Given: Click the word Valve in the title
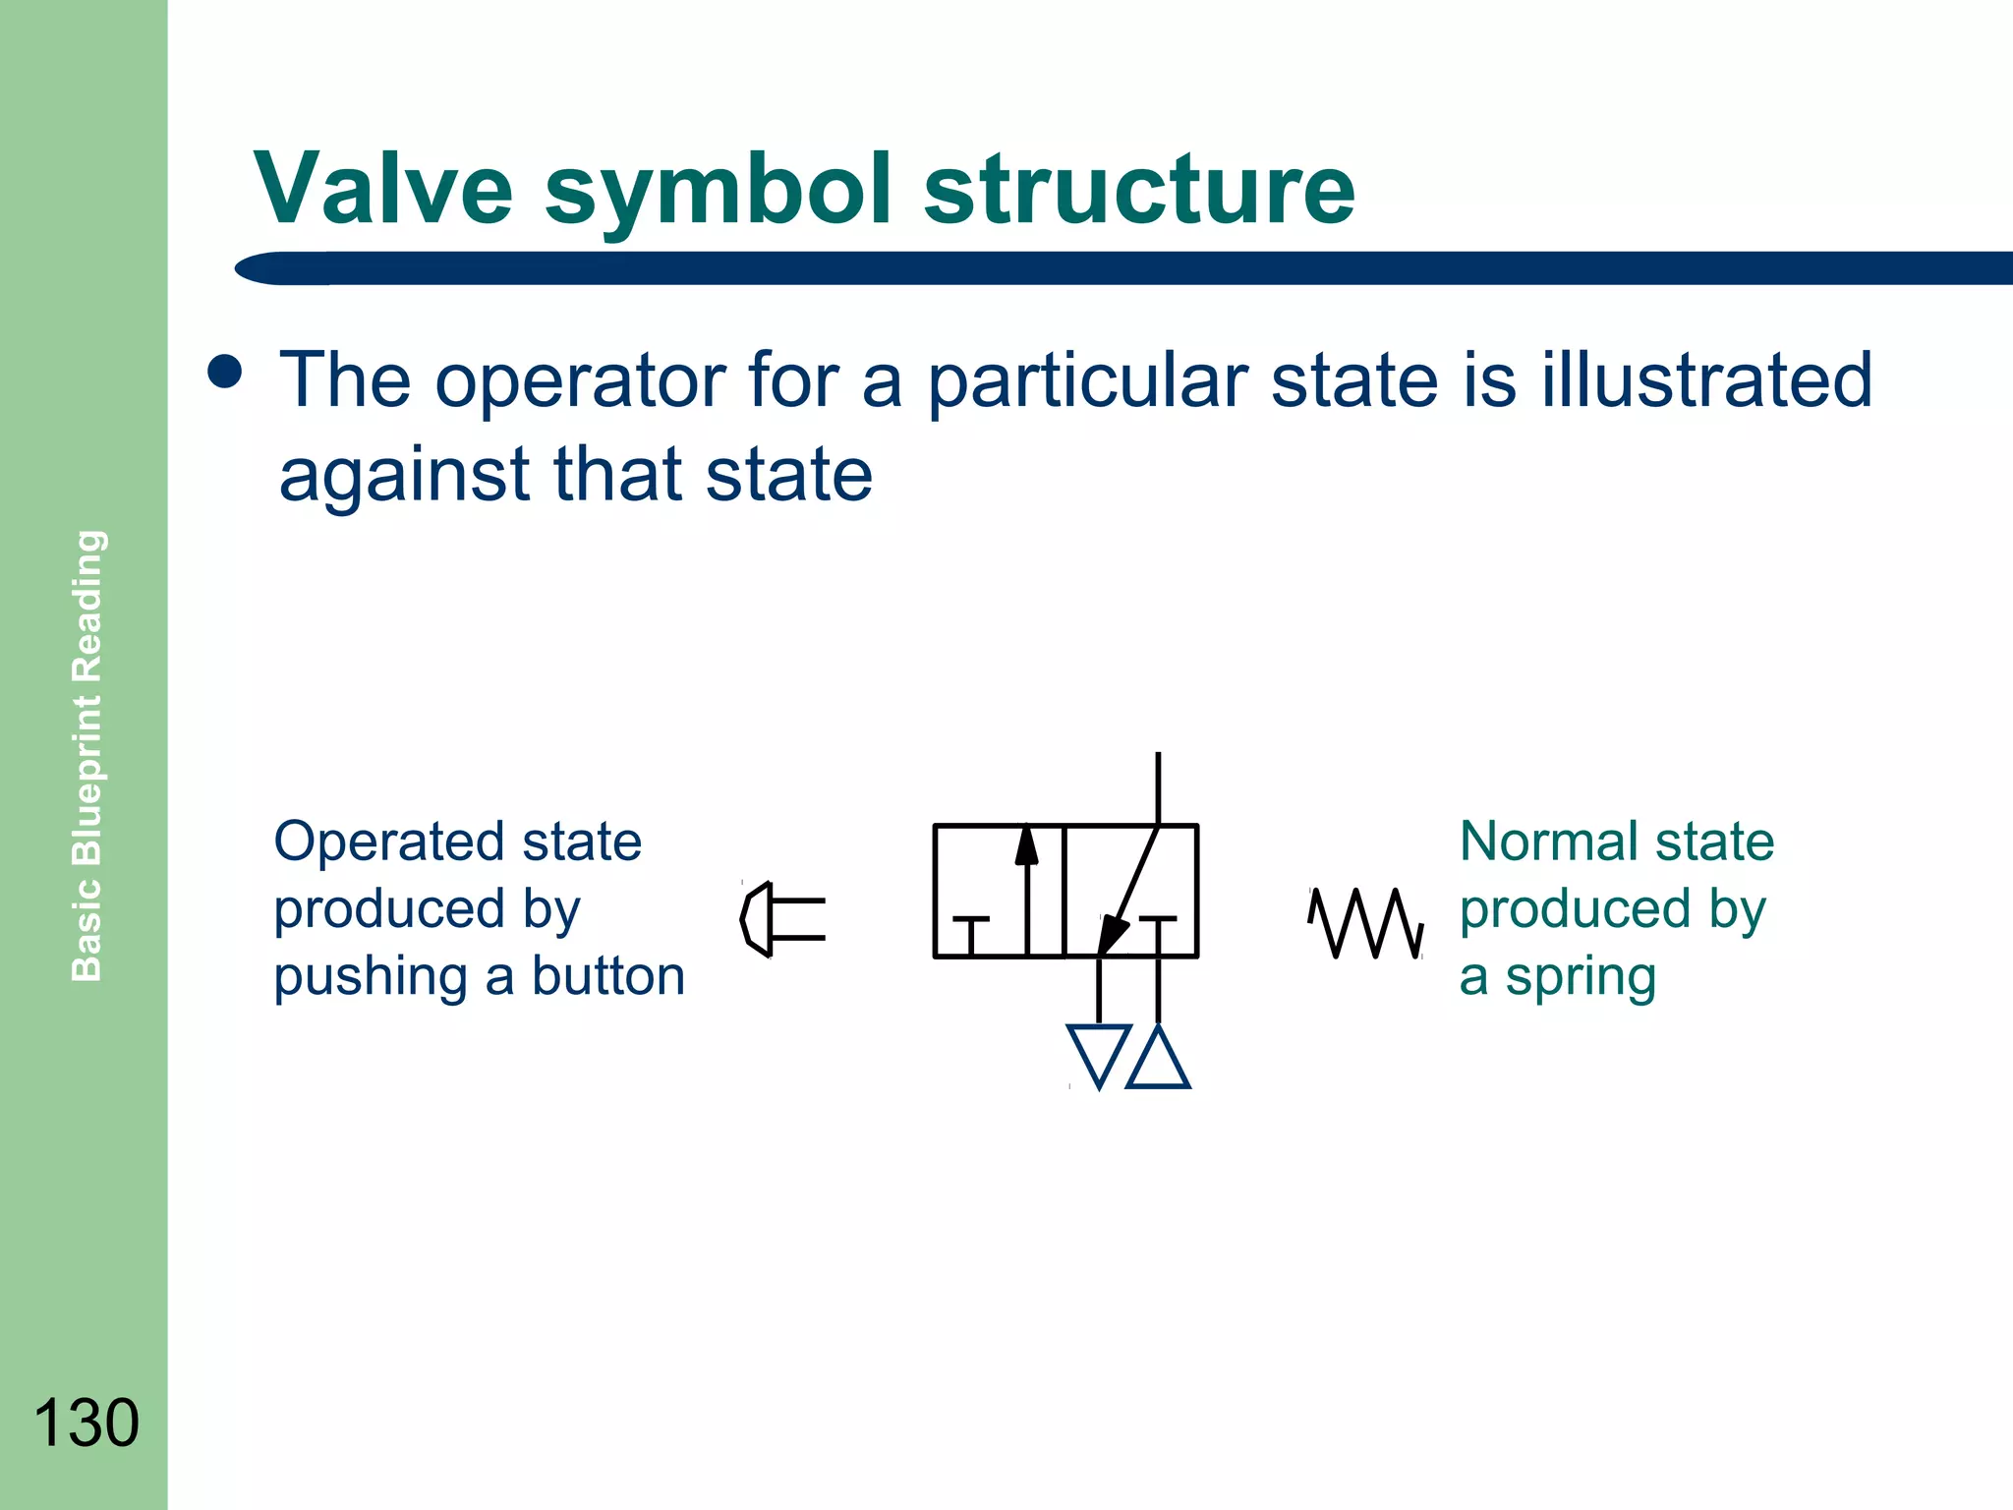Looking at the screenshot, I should [383, 189].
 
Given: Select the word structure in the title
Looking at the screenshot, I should [1139, 189].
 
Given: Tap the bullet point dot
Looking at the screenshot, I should [225, 372].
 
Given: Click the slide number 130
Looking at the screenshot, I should [86, 1423].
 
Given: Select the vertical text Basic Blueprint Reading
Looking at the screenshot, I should [87, 755].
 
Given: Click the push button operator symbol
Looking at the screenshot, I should [781, 919].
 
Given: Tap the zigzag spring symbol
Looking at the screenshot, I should [1365, 922].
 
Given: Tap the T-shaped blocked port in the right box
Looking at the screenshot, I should [1158, 930].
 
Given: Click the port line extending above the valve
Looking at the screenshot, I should [1158, 786].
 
